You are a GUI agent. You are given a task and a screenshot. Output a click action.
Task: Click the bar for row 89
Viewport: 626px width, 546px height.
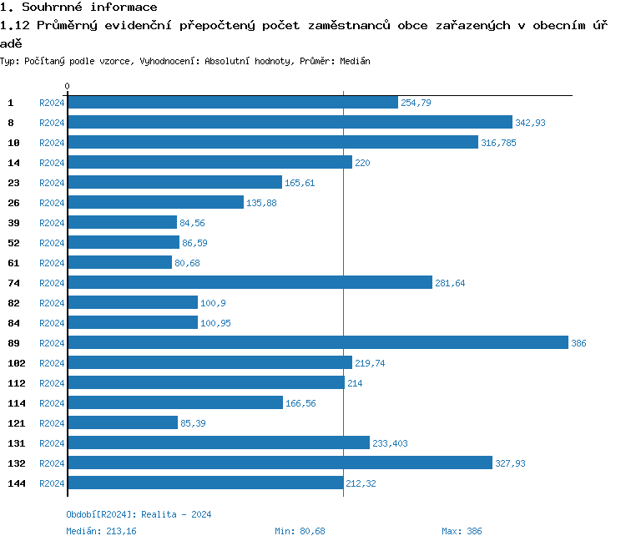(317, 343)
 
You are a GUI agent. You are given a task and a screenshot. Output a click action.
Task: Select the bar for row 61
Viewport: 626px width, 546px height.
(119, 263)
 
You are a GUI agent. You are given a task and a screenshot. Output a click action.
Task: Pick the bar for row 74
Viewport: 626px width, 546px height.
(250, 283)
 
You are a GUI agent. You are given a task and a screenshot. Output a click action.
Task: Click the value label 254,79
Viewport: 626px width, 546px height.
(416, 103)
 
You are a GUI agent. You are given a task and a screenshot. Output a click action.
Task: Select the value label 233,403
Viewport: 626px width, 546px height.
(390, 443)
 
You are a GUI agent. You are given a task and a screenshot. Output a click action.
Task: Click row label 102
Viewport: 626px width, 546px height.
(17, 363)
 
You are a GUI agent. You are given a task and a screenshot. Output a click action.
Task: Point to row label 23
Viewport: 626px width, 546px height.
(13, 183)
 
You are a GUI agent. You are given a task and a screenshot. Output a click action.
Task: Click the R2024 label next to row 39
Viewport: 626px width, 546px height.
(52, 223)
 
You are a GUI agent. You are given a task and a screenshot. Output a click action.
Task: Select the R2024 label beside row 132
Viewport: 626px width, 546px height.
(52, 463)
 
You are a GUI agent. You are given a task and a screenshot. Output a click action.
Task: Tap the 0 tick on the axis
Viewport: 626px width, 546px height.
(68, 86)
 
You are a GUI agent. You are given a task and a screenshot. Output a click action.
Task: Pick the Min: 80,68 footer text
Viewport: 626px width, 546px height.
(300, 531)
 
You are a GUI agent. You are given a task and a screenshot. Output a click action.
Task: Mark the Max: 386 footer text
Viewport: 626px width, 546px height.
(462, 531)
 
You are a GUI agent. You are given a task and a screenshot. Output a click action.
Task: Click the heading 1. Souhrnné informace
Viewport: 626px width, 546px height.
(79, 8)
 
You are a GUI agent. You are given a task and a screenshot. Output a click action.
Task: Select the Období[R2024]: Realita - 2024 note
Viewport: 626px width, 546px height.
(139, 514)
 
